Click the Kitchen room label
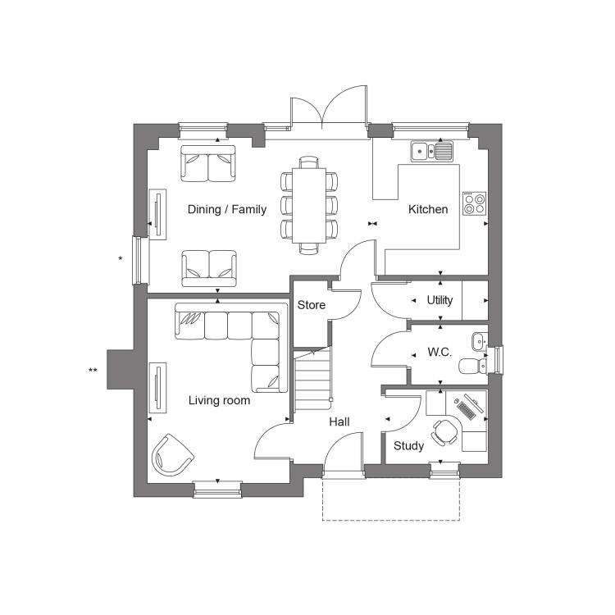pyautogui.click(x=428, y=209)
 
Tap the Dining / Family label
pyautogui.click(x=227, y=209)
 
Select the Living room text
pyautogui.click(x=219, y=400)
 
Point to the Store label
pyautogui.click(x=312, y=305)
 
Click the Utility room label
pyautogui.click(x=440, y=300)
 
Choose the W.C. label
pyautogui.click(x=440, y=352)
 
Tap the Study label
pyautogui.click(x=408, y=445)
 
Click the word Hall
pyautogui.click(x=339, y=421)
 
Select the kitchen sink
pyautogui.click(x=432, y=151)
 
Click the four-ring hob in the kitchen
pyautogui.click(x=474, y=203)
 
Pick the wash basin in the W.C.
pyautogui.click(x=480, y=342)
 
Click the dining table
pyautogui.click(x=309, y=206)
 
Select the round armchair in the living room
pyautogui.click(x=172, y=455)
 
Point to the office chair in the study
pyautogui.click(x=444, y=432)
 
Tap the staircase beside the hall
pyautogui.click(x=312, y=379)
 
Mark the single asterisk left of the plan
pyautogui.click(x=121, y=258)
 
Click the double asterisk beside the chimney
pyautogui.click(x=93, y=370)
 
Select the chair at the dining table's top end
pyautogui.click(x=309, y=162)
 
